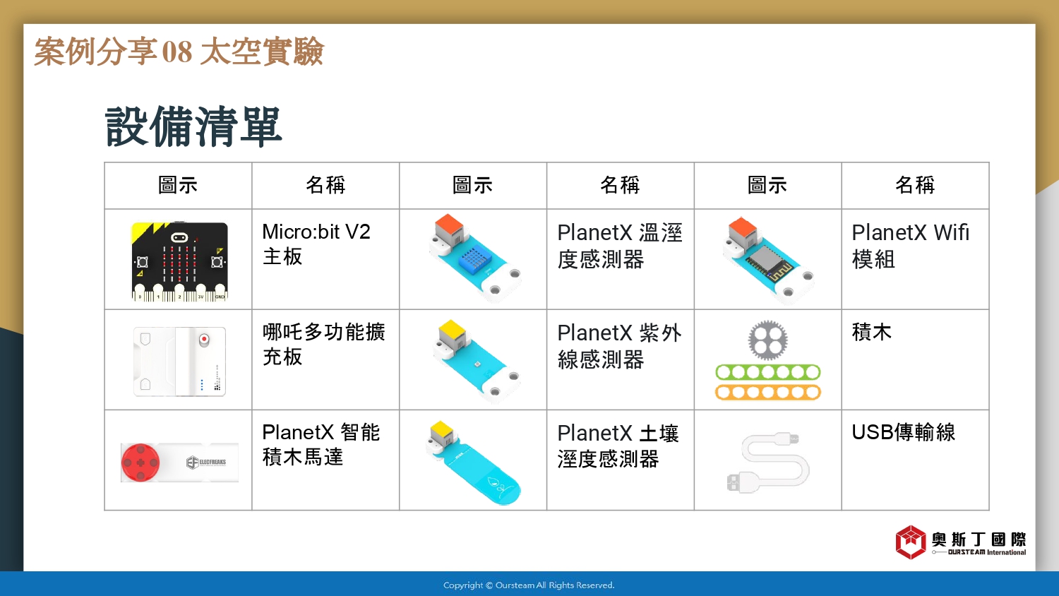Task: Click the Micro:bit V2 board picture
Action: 179,261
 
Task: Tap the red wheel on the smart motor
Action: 140,462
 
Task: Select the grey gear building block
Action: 768,340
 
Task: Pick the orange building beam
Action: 768,392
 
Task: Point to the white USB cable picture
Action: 768,462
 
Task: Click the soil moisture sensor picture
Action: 473,462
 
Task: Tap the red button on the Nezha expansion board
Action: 204,339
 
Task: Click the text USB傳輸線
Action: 904,432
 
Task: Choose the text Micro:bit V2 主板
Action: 316,244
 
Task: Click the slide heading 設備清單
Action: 193,127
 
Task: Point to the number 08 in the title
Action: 177,52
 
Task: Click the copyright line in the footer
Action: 529,585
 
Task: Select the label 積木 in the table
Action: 871,332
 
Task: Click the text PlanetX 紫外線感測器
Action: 619,346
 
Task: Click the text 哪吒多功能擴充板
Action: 324,345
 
